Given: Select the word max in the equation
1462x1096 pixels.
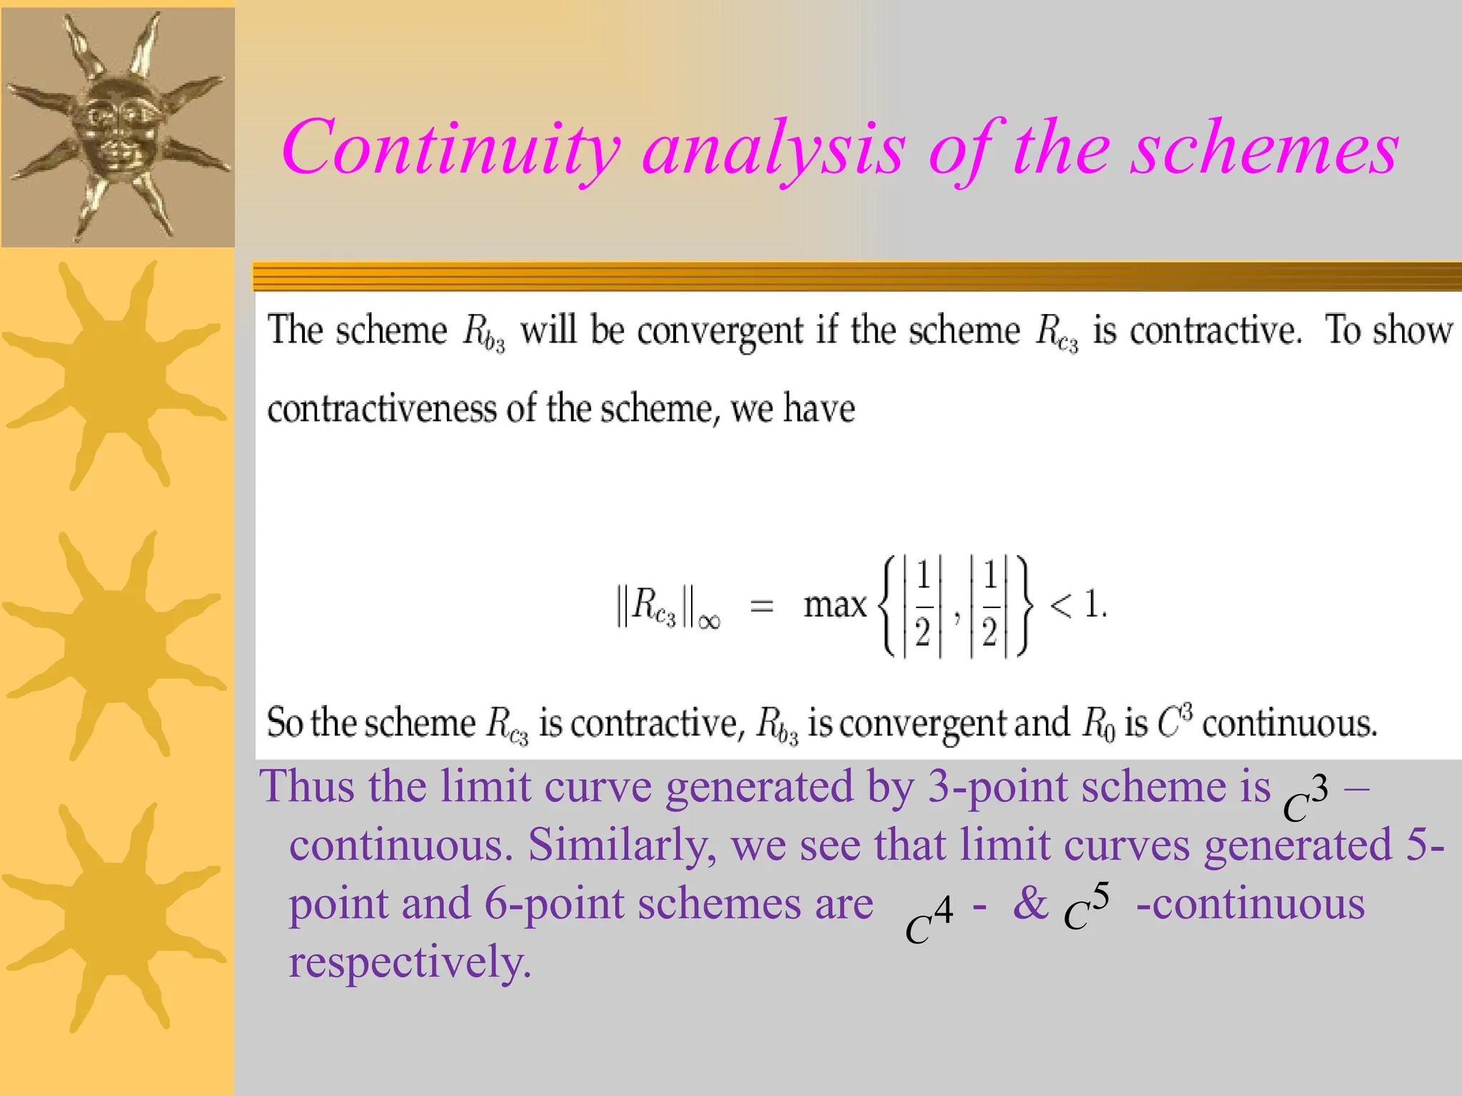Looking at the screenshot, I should pyautogui.click(x=834, y=605).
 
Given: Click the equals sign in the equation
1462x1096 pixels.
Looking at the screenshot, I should pyautogui.click(x=762, y=607).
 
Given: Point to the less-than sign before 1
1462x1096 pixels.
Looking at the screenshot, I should pyautogui.click(x=1061, y=607).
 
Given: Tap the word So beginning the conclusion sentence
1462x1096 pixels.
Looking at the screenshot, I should pyautogui.click(x=285, y=723).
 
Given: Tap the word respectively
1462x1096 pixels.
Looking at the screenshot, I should pyautogui.click(x=410, y=963).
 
